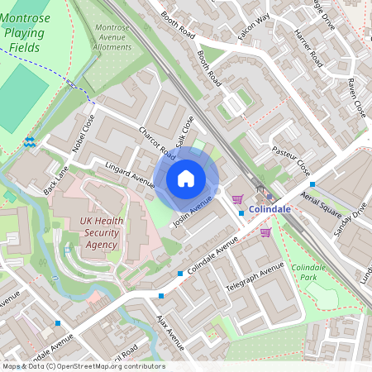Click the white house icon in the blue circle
tap(186, 178)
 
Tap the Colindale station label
tap(269, 210)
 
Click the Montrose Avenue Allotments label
tap(113, 37)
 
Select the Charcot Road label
tap(157, 142)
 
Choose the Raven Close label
tap(357, 98)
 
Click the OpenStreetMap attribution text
tap(83, 366)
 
